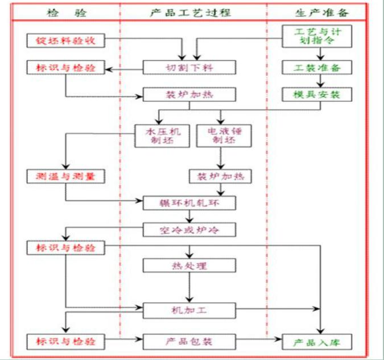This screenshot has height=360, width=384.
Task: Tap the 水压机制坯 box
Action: click(x=160, y=136)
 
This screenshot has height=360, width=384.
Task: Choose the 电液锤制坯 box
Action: click(x=220, y=136)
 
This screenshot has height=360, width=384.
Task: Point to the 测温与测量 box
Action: click(x=66, y=177)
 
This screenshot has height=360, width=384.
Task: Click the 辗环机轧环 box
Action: click(x=188, y=203)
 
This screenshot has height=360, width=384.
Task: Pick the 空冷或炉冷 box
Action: click(x=188, y=230)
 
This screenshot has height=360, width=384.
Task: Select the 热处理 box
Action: click(x=188, y=266)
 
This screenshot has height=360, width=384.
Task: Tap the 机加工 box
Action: click(x=188, y=310)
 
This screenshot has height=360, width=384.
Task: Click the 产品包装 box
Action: click(x=188, y=342)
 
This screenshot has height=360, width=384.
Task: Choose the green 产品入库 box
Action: click(x=318, y=342)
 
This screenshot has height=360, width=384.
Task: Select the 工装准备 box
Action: click(x=318, y=68)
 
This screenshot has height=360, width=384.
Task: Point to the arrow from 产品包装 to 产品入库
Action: click(x=259, y=342)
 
